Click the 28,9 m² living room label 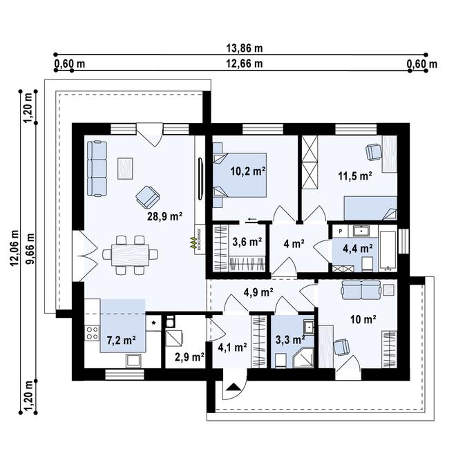click(164, 216)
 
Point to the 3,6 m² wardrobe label click(247, 242)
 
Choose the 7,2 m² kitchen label click(120, 339)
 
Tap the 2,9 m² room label click(188, 357)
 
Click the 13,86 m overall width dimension click(245, 48)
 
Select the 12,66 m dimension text click(245, 64)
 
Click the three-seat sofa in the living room click(97, 167)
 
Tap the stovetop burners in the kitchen click(91, 334)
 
